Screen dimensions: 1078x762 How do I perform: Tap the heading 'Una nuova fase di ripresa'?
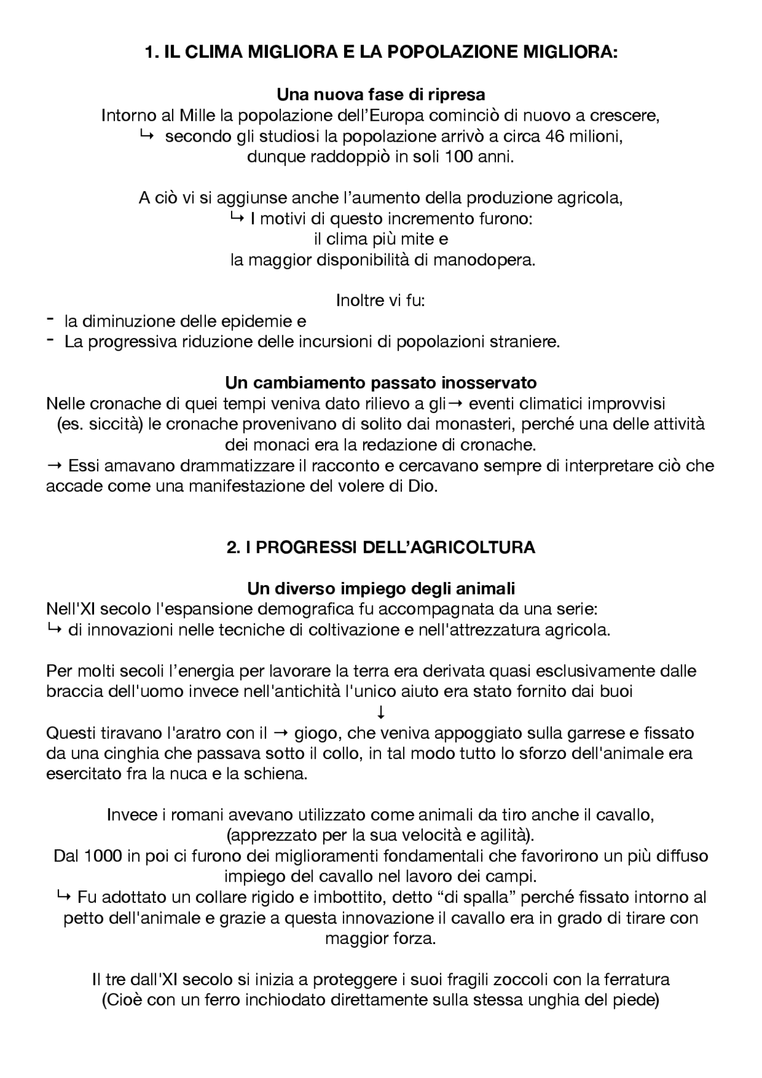381,95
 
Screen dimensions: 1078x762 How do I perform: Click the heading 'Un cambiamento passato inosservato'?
381,382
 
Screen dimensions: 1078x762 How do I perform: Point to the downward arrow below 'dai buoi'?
381,712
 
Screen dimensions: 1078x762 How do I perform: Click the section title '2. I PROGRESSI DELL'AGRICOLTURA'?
381,548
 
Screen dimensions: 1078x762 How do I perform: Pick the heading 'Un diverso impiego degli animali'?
381,589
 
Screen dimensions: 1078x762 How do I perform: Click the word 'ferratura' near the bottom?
636,979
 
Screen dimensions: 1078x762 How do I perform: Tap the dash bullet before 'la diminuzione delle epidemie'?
50,320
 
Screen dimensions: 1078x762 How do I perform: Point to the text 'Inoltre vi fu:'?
381,300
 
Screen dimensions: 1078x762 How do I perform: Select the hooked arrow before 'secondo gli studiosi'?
146,136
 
